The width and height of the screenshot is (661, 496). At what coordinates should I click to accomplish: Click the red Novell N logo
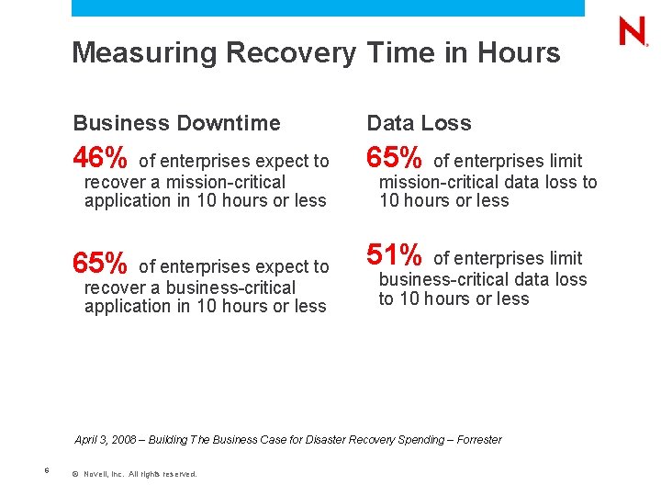[633, 32]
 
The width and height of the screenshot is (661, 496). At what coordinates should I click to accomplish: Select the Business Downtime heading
[176, 123]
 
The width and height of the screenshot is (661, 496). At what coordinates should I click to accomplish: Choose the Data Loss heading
[419, 123]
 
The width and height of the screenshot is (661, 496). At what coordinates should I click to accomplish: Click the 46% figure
[100, 159]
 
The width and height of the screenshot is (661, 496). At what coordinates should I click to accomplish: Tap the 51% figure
[395, 255]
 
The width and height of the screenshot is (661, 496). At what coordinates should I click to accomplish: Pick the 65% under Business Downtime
[100, 265]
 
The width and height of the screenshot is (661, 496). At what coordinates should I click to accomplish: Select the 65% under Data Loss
[395, 159]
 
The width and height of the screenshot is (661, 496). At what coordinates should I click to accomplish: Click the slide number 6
[46, 471]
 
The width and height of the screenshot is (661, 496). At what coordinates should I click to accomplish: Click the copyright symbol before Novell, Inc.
[74, 474]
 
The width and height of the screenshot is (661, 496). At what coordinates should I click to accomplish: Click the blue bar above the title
[328, 7]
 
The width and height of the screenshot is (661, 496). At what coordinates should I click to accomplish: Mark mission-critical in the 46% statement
[225, 182]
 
